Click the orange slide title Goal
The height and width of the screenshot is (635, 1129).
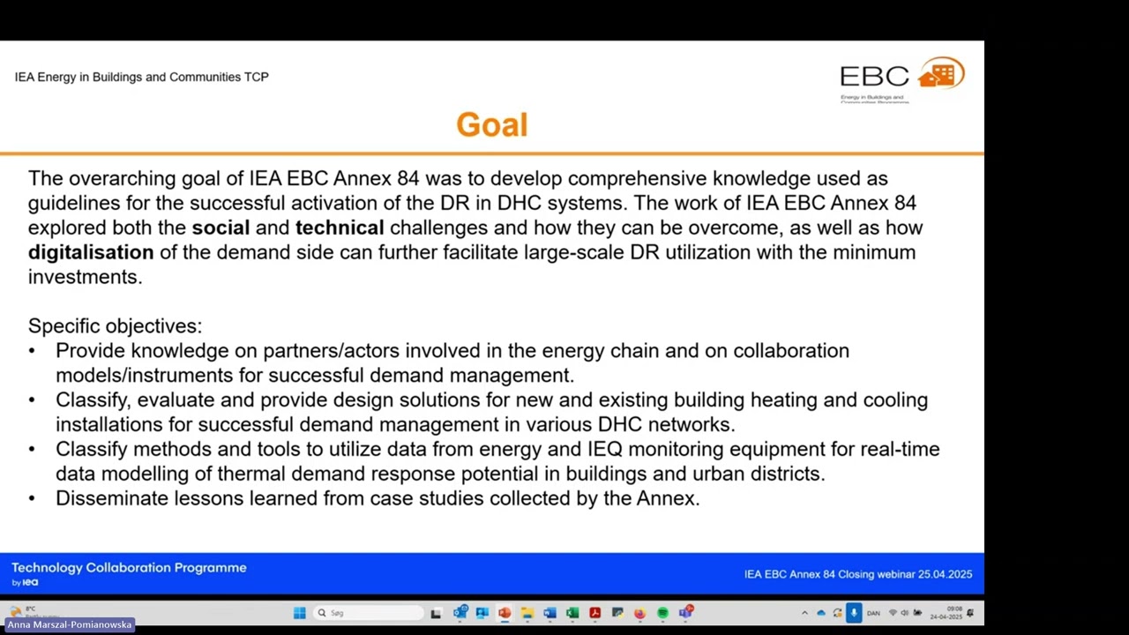tap(491, 125)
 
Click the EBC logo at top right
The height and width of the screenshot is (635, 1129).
tap(901, 78)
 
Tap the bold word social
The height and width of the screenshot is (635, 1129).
tap(221, 228)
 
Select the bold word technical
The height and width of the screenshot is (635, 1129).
tap(340, 228)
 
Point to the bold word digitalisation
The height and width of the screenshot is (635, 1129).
tap(91, 252)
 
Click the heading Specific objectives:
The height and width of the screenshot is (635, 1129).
tap(115, 326)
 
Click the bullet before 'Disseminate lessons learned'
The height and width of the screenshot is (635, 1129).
tap(33, 498)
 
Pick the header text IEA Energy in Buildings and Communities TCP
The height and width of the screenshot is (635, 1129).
tap(141, 77)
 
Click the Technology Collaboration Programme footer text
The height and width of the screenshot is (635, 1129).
tap(129, 568)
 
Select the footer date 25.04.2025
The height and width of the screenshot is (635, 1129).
tap(945, 574)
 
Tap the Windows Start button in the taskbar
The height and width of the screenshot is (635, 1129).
tap(299, 613)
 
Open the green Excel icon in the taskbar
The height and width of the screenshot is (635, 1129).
tap(572, 613)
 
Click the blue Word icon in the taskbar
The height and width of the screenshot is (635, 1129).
tap(550, 613)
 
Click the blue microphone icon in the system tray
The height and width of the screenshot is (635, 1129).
tap(853, 613)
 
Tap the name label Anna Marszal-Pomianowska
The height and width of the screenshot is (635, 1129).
tap(69, 624)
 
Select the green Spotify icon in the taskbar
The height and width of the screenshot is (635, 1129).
tap(662, 613)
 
